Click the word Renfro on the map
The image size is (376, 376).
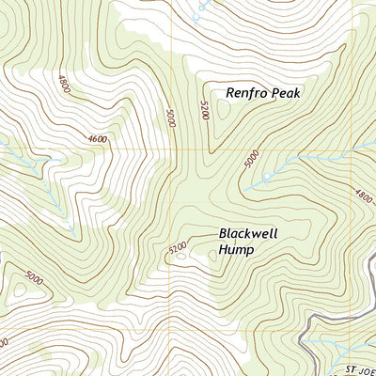[x=247, y=93]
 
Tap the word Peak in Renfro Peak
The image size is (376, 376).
[x=290, y=93]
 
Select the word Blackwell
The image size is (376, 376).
[x=249, y=233]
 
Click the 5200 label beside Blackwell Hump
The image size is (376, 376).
[x=178, y=248]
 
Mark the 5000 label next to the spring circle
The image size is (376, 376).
[x=250, y=161]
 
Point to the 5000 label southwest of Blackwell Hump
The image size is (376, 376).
[x=36, y=278]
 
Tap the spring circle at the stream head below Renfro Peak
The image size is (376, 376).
[x=267, y=176]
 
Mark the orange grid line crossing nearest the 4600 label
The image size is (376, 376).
[x=173, y=149]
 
